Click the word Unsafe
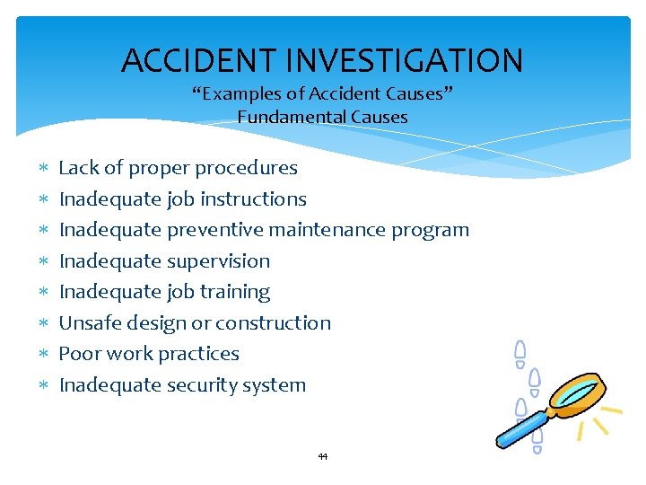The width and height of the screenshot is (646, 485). click(x=88, y=322)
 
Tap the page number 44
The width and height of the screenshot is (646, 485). click(x=323, y=456)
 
